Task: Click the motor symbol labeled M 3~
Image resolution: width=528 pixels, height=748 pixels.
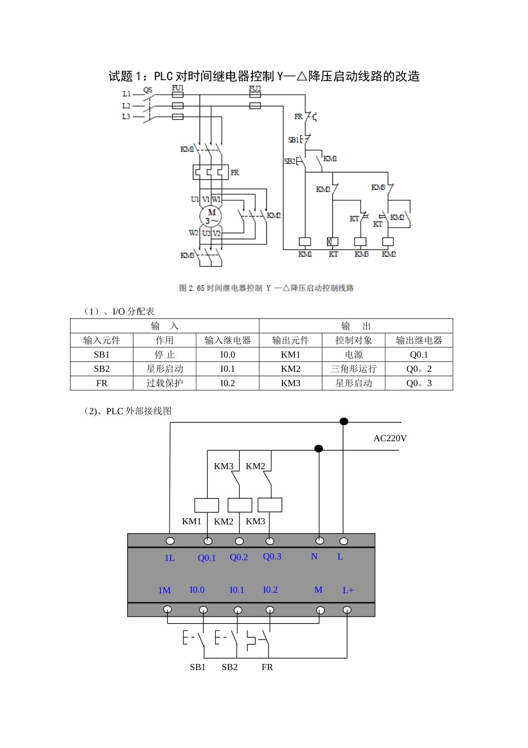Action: [211, 216]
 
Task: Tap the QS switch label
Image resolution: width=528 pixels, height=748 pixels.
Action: [148, 90]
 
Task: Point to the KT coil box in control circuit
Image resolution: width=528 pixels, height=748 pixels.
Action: [332, 242]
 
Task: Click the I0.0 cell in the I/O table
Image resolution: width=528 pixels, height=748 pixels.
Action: [227, 355]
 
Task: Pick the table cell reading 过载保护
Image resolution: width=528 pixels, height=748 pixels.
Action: [165, 383]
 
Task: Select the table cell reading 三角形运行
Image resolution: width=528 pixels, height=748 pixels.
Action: [353, 369]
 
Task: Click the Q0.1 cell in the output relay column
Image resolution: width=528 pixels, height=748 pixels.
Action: [419, 355]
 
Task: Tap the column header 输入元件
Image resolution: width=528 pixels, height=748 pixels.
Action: [102, 340]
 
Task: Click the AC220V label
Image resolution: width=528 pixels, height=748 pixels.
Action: [390, 439]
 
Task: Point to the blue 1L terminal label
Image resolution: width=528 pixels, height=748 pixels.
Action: [170, 558]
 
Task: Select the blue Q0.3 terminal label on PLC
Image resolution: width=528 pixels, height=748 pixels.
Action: [272, 557]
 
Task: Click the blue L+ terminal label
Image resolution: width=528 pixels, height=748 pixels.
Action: [348, 590]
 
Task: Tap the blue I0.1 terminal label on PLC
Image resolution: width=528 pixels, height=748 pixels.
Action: [237, 590]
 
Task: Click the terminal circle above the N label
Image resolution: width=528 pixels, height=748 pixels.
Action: [320, 540]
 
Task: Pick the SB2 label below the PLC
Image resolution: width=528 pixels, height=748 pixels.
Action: [230, 667]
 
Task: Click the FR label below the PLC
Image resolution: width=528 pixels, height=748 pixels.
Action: [267, 667]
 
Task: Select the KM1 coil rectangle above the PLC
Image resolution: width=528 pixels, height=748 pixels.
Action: [207, 505]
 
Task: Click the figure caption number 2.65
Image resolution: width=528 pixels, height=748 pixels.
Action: [197, 288]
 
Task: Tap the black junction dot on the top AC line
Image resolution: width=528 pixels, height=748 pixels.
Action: [344, 421]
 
